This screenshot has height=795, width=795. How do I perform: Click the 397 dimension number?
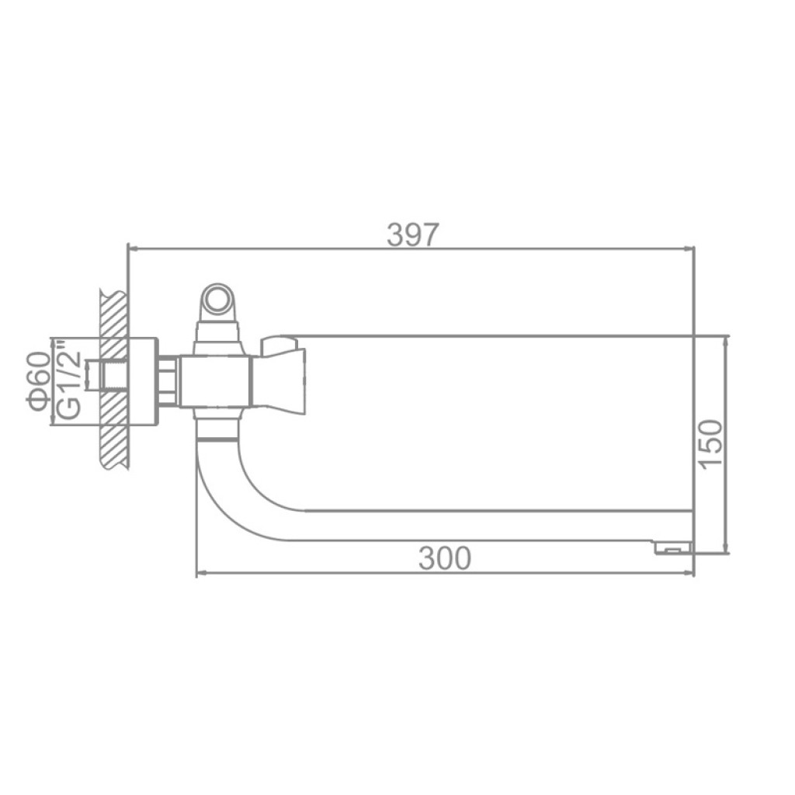[412, 234]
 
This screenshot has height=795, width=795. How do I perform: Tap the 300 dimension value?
[445, 558]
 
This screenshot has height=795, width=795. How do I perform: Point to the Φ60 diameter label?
[40, 380]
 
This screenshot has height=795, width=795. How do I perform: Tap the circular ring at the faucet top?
[218, 297]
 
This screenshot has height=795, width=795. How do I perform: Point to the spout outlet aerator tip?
[674, 547]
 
